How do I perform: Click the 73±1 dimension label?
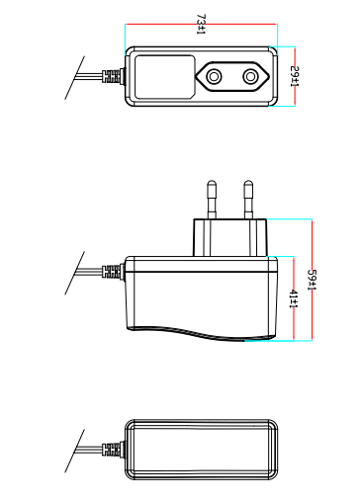(x=201, y=24)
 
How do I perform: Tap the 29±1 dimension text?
(x=295, y=76)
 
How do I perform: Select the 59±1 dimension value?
(x=312, y=280)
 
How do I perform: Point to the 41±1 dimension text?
(x=294, y=299)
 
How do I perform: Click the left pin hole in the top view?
(x=214, y=77)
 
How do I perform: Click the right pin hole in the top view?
(x=250, y=77)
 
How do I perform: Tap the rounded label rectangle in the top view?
(x=165, y=77)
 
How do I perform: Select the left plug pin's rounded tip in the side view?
(x=212, y=184)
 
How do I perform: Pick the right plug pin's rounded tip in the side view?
(x=248, y=184)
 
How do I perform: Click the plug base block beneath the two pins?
(x=230, y=237)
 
